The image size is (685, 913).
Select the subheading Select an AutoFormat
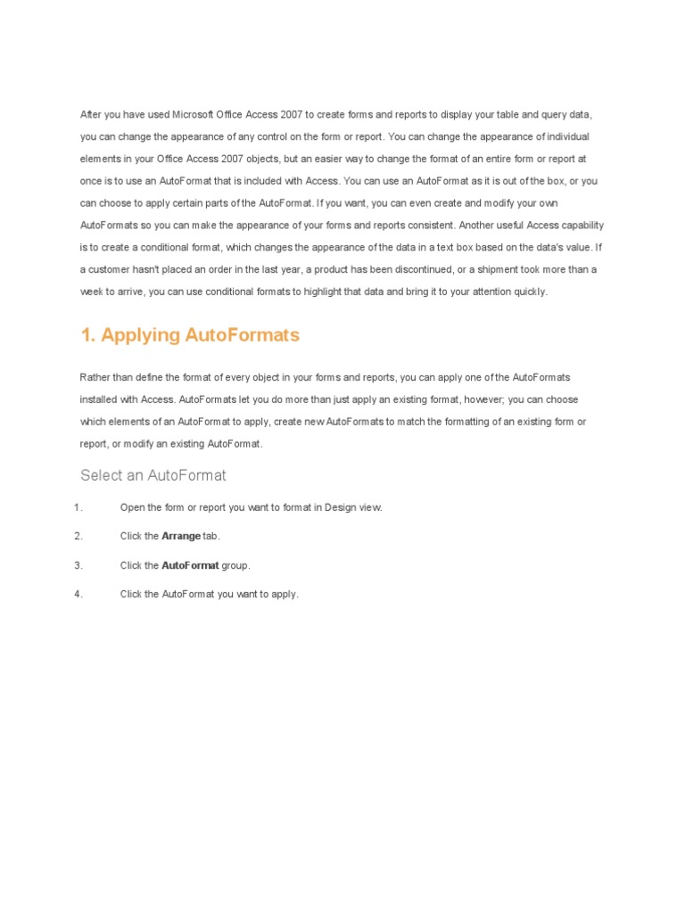(x=153, y=475)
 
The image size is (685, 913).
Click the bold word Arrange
(x=181, y=536)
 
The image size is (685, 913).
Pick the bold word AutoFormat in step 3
(x=190, y=565)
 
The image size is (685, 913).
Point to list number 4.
(x=78, y=594)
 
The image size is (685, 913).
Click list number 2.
(x=78, y=536)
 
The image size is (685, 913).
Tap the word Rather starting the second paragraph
(x=95, y=378)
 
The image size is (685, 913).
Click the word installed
(x=98, y=399)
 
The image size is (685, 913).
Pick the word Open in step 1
(x=131, y=507)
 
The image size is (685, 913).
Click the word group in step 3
(x=235, y=565)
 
